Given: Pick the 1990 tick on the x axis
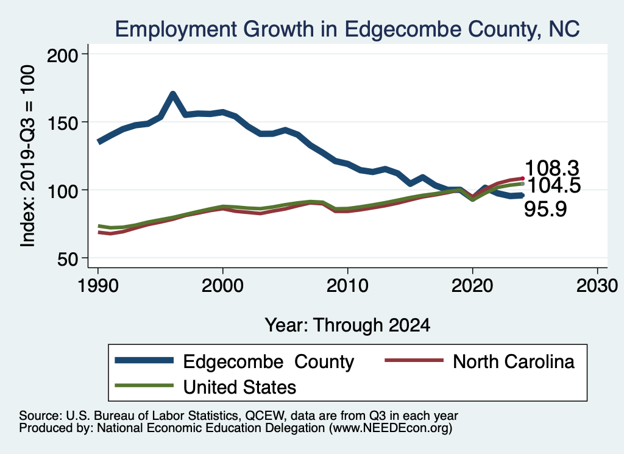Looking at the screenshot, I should [x=97, y=286].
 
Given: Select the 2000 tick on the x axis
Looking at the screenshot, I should [x=222, y=286].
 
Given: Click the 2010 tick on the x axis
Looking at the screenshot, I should [x=347, y=286].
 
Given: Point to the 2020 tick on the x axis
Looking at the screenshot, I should [x=472, y=286].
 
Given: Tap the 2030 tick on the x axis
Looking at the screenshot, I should [x=597, y=286].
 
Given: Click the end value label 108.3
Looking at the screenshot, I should [x=551, y=168].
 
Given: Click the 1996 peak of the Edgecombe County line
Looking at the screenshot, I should [x=173, y=94].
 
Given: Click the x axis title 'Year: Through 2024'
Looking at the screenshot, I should [x=347, y=325].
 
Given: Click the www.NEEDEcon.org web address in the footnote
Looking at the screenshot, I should [x=391, y=428].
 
